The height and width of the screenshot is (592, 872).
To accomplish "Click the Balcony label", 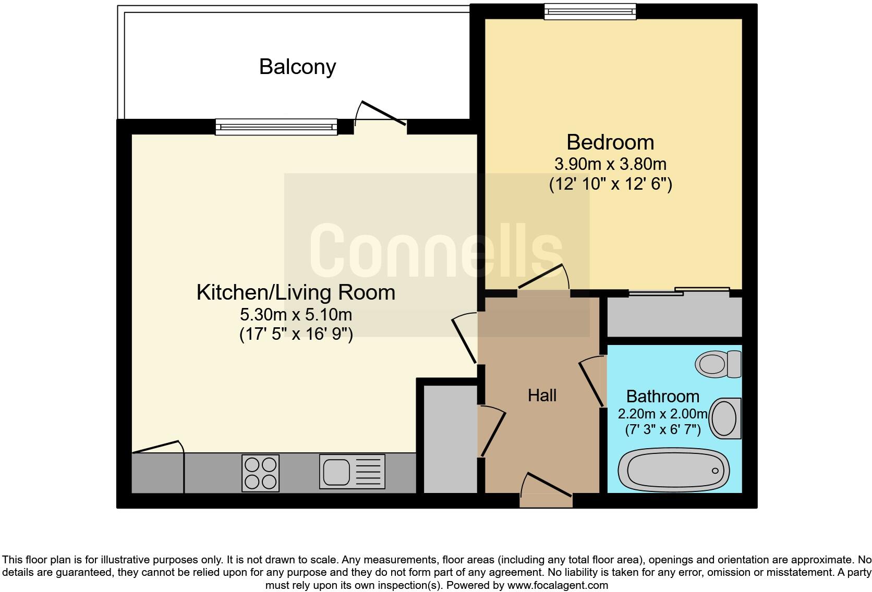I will coord(297,67).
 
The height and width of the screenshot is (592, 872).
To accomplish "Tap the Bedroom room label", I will coord(610,142).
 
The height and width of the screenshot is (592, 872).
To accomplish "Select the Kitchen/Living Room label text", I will coord(296,292).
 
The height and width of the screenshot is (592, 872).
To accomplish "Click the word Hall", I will coord(542,396).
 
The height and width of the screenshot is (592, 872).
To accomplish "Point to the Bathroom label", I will coord(662,397).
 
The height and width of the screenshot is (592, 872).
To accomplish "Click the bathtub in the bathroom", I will coord(673,471).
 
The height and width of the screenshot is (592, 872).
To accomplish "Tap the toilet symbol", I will coord(718,364).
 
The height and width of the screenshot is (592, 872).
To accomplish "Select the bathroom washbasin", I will coord(725,418).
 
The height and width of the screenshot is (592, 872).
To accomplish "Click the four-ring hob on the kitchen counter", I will coord(260,473).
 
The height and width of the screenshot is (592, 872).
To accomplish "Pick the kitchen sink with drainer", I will coord(352,472).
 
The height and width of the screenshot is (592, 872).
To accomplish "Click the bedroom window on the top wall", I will coord(590,11).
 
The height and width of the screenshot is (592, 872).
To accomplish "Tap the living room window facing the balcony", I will coord(276,127).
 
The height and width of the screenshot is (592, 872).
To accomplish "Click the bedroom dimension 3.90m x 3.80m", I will coord(610,164).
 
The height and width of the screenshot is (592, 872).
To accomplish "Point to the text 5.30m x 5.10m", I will coord(296,315).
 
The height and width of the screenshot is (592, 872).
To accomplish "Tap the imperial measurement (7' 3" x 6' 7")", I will coord(662,430).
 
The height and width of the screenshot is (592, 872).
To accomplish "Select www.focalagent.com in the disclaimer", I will coord(558,585).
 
